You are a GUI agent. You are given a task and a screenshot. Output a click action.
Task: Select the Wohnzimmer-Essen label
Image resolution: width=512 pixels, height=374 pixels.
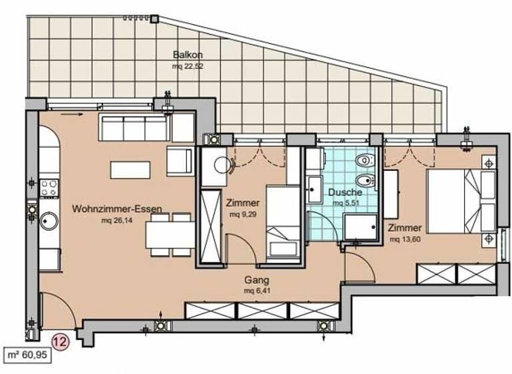click(117, 208)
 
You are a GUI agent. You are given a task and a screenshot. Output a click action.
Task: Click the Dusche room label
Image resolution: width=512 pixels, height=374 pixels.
click(345, 192)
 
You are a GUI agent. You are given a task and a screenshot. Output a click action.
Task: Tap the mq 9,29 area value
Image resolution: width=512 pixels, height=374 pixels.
click(243, 214)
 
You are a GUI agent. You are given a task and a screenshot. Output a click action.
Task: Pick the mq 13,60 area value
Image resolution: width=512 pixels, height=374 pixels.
click(404, 238)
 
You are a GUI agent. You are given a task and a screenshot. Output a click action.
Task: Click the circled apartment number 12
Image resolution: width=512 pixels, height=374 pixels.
click(60, 342)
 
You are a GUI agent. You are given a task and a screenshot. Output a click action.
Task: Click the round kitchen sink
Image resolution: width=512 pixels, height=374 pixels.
click(49, 220)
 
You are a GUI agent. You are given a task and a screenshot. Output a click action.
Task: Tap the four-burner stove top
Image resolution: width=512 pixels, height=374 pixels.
click(49, 188)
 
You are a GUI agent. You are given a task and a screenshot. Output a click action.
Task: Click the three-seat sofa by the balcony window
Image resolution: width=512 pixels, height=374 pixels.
click(133, 126)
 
